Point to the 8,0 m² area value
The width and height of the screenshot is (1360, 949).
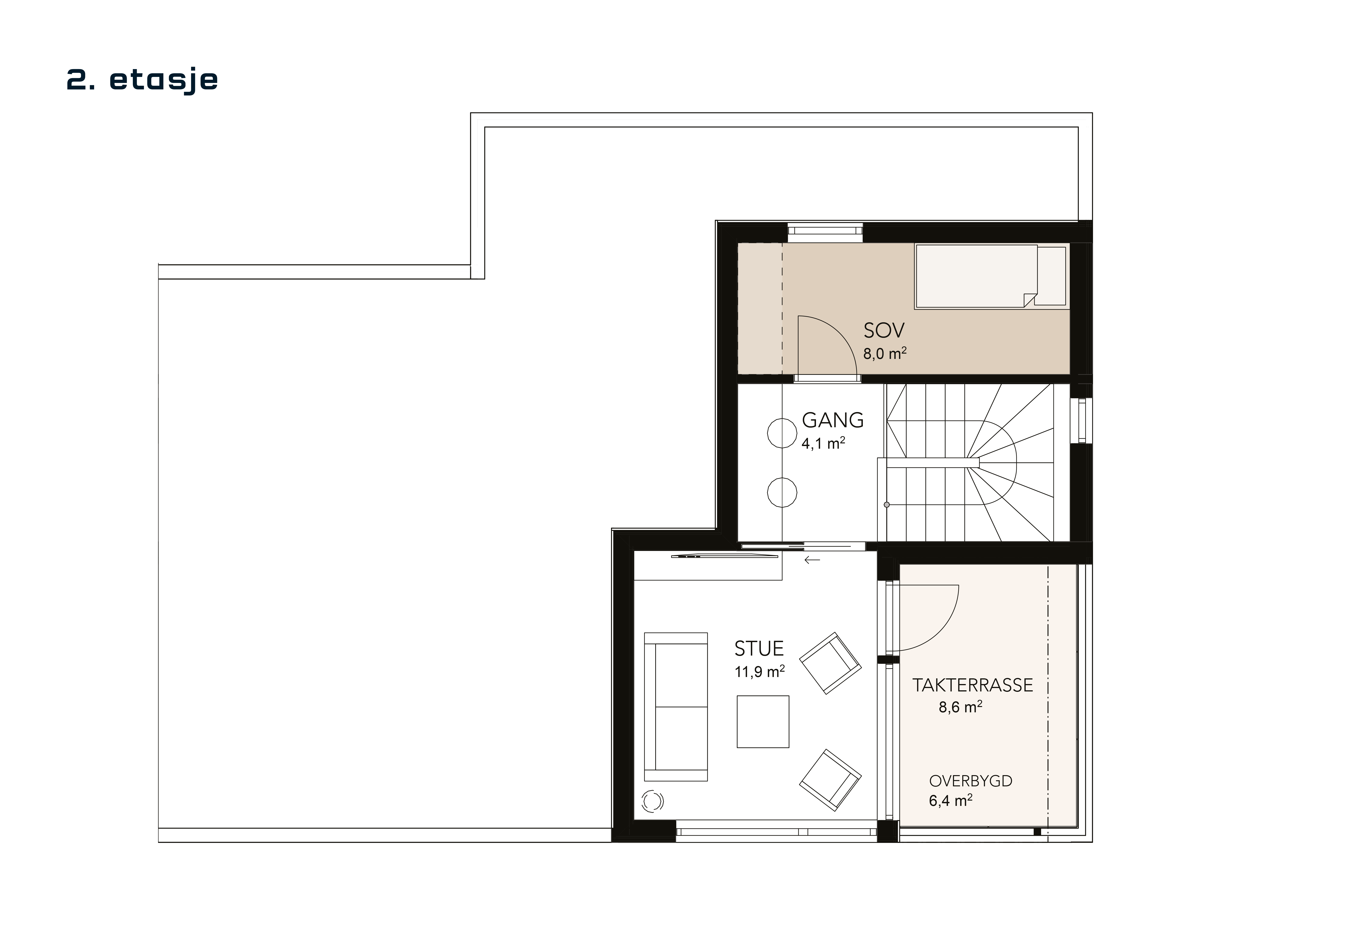coord(884,354)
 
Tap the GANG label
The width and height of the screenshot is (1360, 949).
coord(832,420)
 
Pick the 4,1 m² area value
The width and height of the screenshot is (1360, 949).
coord(823,443)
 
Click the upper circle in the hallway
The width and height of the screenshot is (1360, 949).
coord(782,433)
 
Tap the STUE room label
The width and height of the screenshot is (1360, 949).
coord(759,649)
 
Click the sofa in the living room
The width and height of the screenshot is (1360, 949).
coord(675,707)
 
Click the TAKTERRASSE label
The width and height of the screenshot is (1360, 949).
coord(973,685)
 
